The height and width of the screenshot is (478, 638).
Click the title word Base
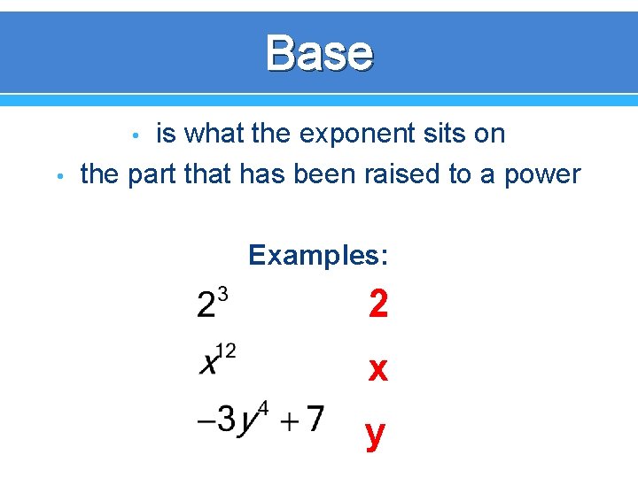tap(319, 52)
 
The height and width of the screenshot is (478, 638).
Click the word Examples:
tap(318, 256)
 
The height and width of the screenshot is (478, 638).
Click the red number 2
tap(378, 305)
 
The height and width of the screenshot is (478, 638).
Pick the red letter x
tap(378, 369)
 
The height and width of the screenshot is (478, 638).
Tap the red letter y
tap(376, 434)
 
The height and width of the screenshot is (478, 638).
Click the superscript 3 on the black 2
tap(222, 294)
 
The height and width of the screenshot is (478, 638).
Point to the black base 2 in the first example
tap(206, 305)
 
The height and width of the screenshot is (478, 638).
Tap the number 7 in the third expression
tap(314, 418)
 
